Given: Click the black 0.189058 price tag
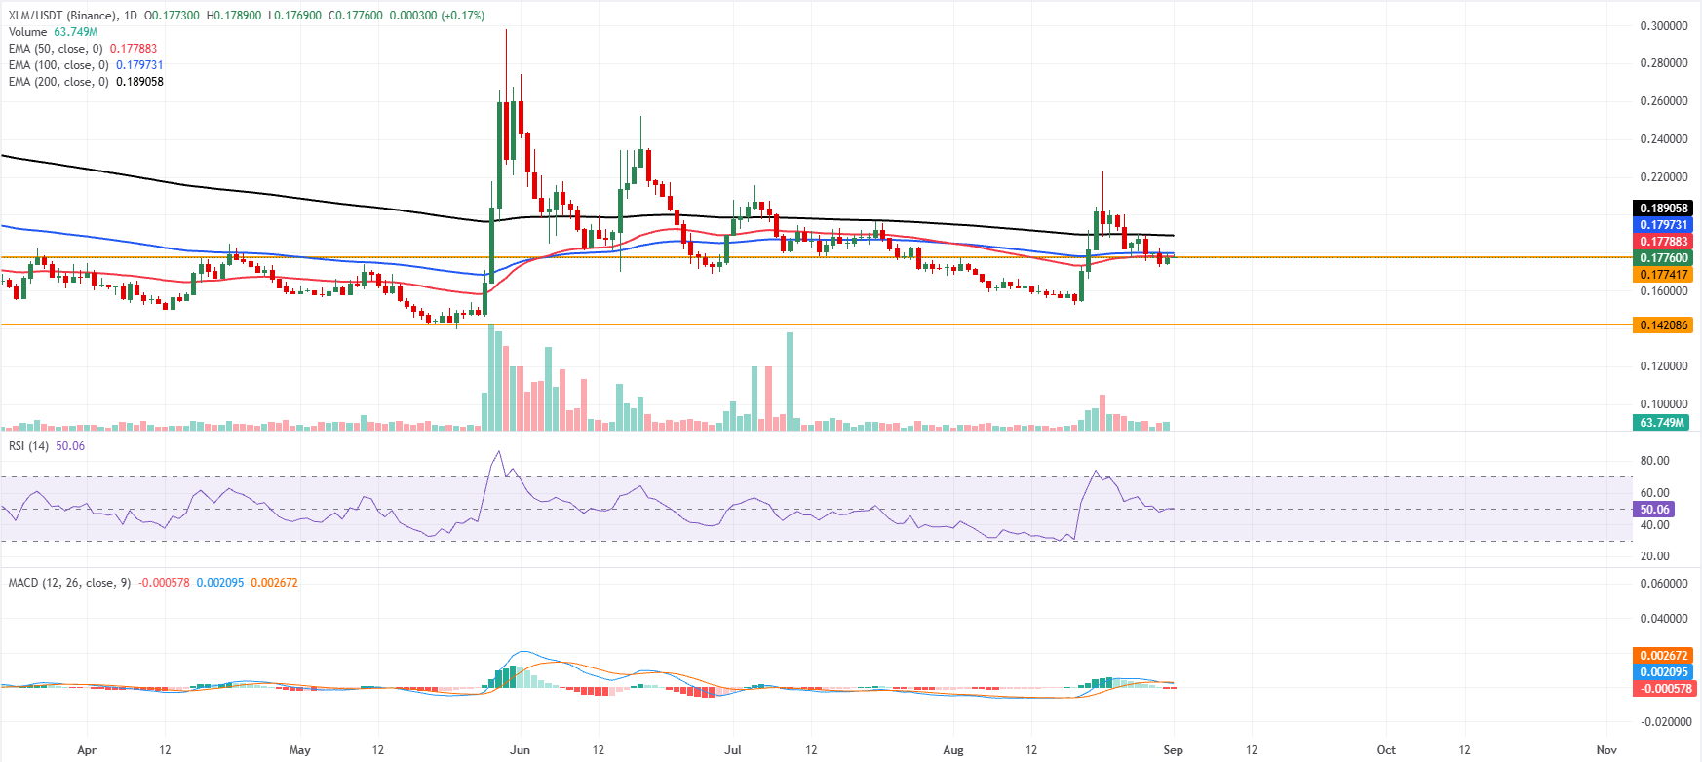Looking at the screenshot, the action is click(x=1662, y=209).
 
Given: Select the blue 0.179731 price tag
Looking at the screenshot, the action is click(x=1662, y=225).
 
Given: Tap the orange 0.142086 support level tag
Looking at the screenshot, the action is click(x=1662, y=325).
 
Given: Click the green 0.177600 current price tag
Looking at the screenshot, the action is click(x=1662, y=258).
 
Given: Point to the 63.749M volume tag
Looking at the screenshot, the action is click(x=1661, y=423).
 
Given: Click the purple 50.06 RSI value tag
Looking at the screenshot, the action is click(x=1653, y=510).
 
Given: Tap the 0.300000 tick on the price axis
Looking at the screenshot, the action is click(x=1663, y=26).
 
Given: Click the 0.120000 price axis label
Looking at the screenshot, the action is click(x=1663, y=366).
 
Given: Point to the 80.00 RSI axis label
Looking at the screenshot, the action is click(x=1654, y=461).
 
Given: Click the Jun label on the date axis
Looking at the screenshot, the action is click(x=520, y=750).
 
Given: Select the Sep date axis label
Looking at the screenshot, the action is click(x=1174, y=750).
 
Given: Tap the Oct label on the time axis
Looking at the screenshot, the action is click(x=1386, y=750).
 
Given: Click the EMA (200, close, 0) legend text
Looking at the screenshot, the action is click(x=58, y=82).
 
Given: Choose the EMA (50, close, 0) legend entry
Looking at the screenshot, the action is click(x=56, y=49).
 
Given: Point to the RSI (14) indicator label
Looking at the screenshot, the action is click(x=28, y=446).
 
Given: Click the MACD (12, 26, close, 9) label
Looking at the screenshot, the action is click(x=69, y=583).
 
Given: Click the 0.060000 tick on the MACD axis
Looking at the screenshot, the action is click(x=1663, y=584).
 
